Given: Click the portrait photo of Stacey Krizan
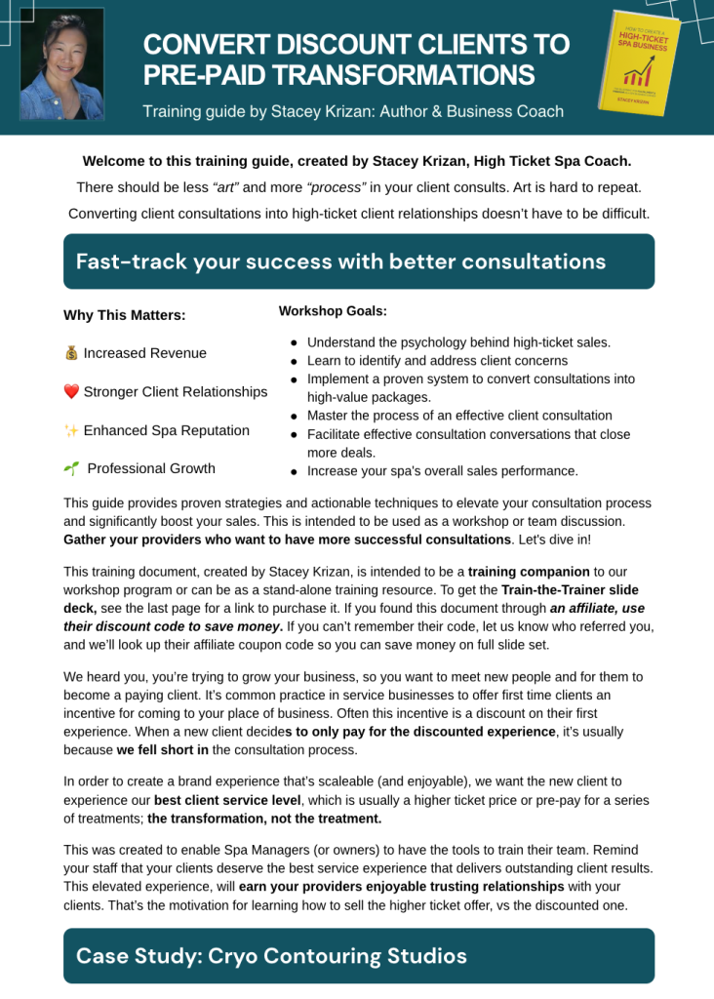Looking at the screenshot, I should pyautogui.click(x=61, y=64).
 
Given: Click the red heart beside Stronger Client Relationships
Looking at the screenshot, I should pyautogui.click(x=71, y=392).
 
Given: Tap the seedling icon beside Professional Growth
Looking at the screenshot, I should pyautogui.click(x=71, y=468).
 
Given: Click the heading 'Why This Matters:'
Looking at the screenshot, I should pyautogui.click(x=124, y=315).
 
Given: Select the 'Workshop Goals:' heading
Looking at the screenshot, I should pyautogui.click(x=333, y=311).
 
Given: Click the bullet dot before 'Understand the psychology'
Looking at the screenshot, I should pyautogui.click(x=294, y=343).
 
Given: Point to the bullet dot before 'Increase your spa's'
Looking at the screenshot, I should pyautogui.click(x=294, y=472).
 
